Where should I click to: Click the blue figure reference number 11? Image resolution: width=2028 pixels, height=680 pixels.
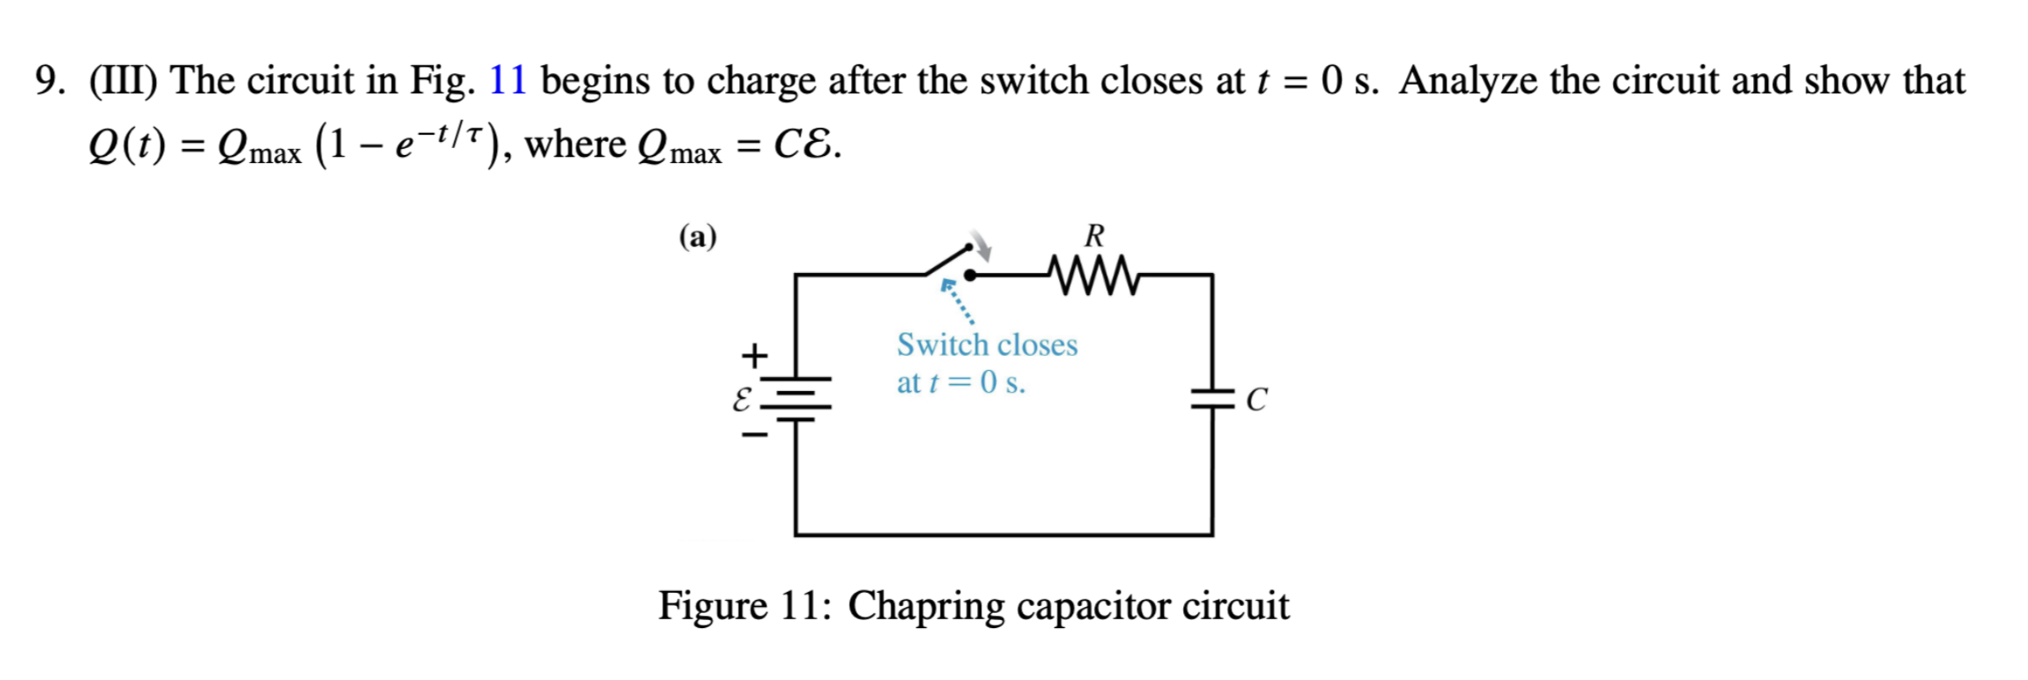pyautogui.click(x=507, y=80)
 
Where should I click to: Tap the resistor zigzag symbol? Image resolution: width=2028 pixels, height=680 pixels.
pyautogui.click(x=1094, y=276)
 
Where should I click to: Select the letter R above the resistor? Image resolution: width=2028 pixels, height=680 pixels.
pyautogui.click(x=1094, y=235)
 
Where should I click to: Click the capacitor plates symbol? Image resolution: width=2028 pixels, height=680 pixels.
pyautogui.click(x=1213, y=398)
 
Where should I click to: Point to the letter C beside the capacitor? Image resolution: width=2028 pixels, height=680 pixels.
pyautogui.click(x=1257, y=400)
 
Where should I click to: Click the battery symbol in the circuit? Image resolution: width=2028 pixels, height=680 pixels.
pyautogui.click(x=796, y=399)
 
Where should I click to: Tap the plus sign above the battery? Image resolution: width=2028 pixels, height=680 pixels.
pyautogui.click(x=754, y=356)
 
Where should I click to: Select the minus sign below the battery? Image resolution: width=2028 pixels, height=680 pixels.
pyautogui.click(x=754, y=434)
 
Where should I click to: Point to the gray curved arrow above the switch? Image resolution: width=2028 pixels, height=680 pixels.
pyautogui.click(x=980, y=249)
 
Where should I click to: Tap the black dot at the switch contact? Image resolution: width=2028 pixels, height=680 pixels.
pyautogui.click(x=970, y=276)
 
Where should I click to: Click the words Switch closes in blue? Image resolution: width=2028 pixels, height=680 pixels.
pyautogui.click(x=987, y=344)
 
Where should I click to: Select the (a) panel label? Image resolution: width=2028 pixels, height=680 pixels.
pyautogui.click(x=698, y=237)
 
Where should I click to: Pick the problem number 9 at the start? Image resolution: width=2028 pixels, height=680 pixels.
pyautogui.click(x=48, y=81)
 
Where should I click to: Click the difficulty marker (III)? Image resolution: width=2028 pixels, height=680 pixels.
pyautogui.click(x=123, y=81)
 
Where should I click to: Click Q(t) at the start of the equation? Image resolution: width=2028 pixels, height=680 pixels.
pyautogui.click(x=127, y=145)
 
